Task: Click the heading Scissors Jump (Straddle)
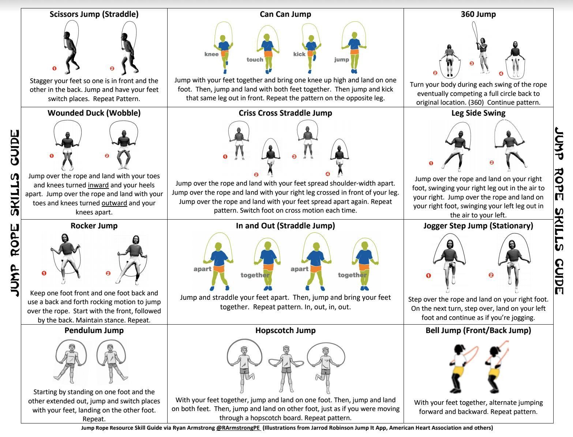pos(94,14)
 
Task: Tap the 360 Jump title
pos(478,14)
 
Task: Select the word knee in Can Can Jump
pos(211,54)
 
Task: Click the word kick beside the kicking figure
pos(299,54)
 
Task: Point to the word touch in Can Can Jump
pos(255,60)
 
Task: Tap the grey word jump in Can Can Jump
pos(341,60)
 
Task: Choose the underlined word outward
pos(114,203)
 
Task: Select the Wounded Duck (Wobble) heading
pos(94,113)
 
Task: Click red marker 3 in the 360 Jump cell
pos(472,63)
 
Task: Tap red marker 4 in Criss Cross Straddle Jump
pos(328,174)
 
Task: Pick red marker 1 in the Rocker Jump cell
pos(44,273)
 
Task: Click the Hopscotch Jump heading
pos(285,330)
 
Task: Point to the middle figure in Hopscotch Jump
pos(286,368)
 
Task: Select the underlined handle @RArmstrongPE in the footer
pos(238,428)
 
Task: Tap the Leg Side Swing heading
pos(478,113)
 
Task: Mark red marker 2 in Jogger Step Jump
pos(491,275)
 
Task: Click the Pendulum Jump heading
pos(94,330)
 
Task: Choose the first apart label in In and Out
pos(202,269)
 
